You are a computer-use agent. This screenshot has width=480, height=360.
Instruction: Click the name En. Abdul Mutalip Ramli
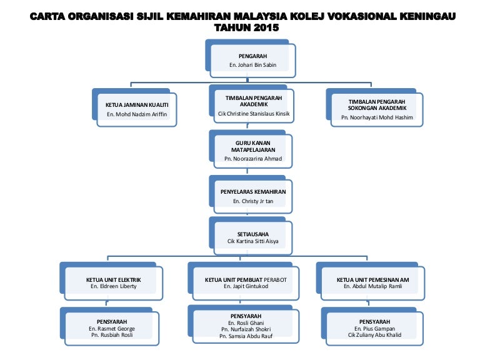click(x=373, y=286)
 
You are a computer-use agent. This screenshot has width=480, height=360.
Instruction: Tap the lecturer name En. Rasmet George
click(x=112, y=329)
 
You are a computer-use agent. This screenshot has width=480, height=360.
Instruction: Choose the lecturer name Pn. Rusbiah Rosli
click(x=112, y=336)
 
